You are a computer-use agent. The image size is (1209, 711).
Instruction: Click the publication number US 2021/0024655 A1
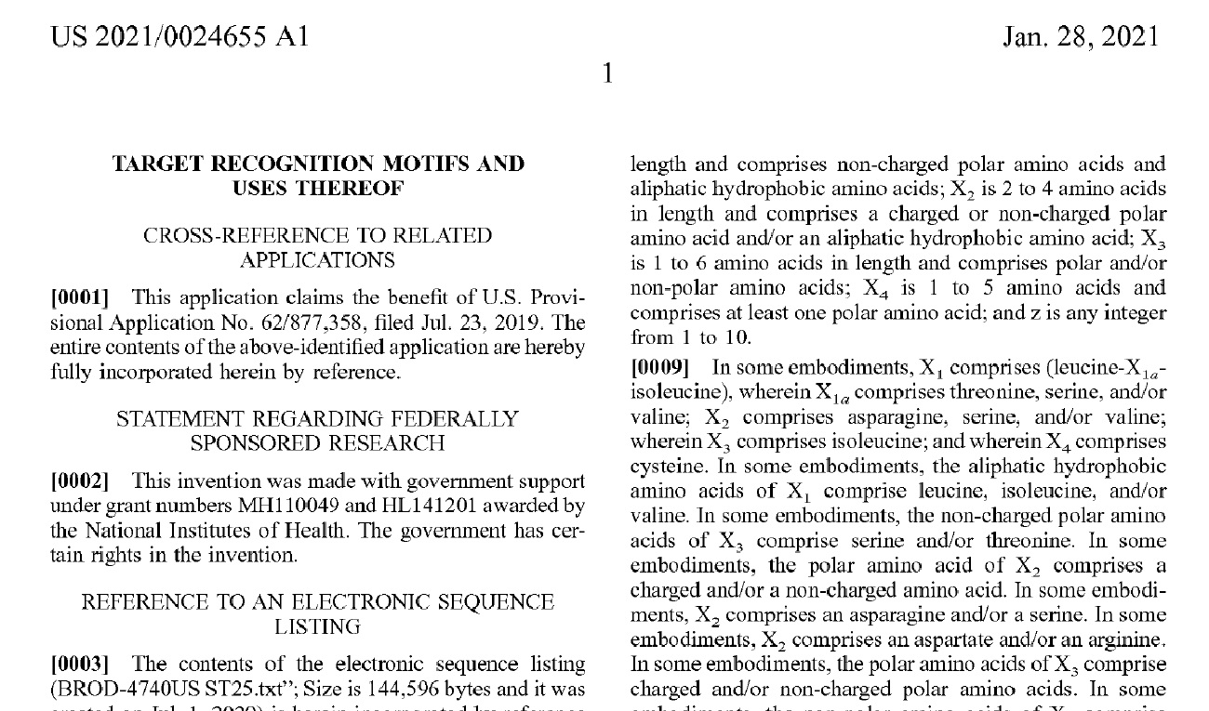(x=179, y=37)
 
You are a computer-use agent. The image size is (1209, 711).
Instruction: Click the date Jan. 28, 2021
(x=1081, y=37)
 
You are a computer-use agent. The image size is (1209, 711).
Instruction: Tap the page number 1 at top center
(x=607, y=73)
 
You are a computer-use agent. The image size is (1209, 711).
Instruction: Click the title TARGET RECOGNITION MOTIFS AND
(x=318, y=165)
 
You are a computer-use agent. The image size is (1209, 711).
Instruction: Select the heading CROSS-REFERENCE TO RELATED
(x=318, y=236)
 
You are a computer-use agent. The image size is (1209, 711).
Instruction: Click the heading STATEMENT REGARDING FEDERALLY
(x=318, y=419)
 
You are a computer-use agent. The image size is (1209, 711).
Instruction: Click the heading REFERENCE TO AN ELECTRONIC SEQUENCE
(x=318, y=602)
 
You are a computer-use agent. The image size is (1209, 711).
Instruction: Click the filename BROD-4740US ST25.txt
(x=166, y=690)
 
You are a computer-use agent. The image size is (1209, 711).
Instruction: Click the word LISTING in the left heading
(x=318, y=627)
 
